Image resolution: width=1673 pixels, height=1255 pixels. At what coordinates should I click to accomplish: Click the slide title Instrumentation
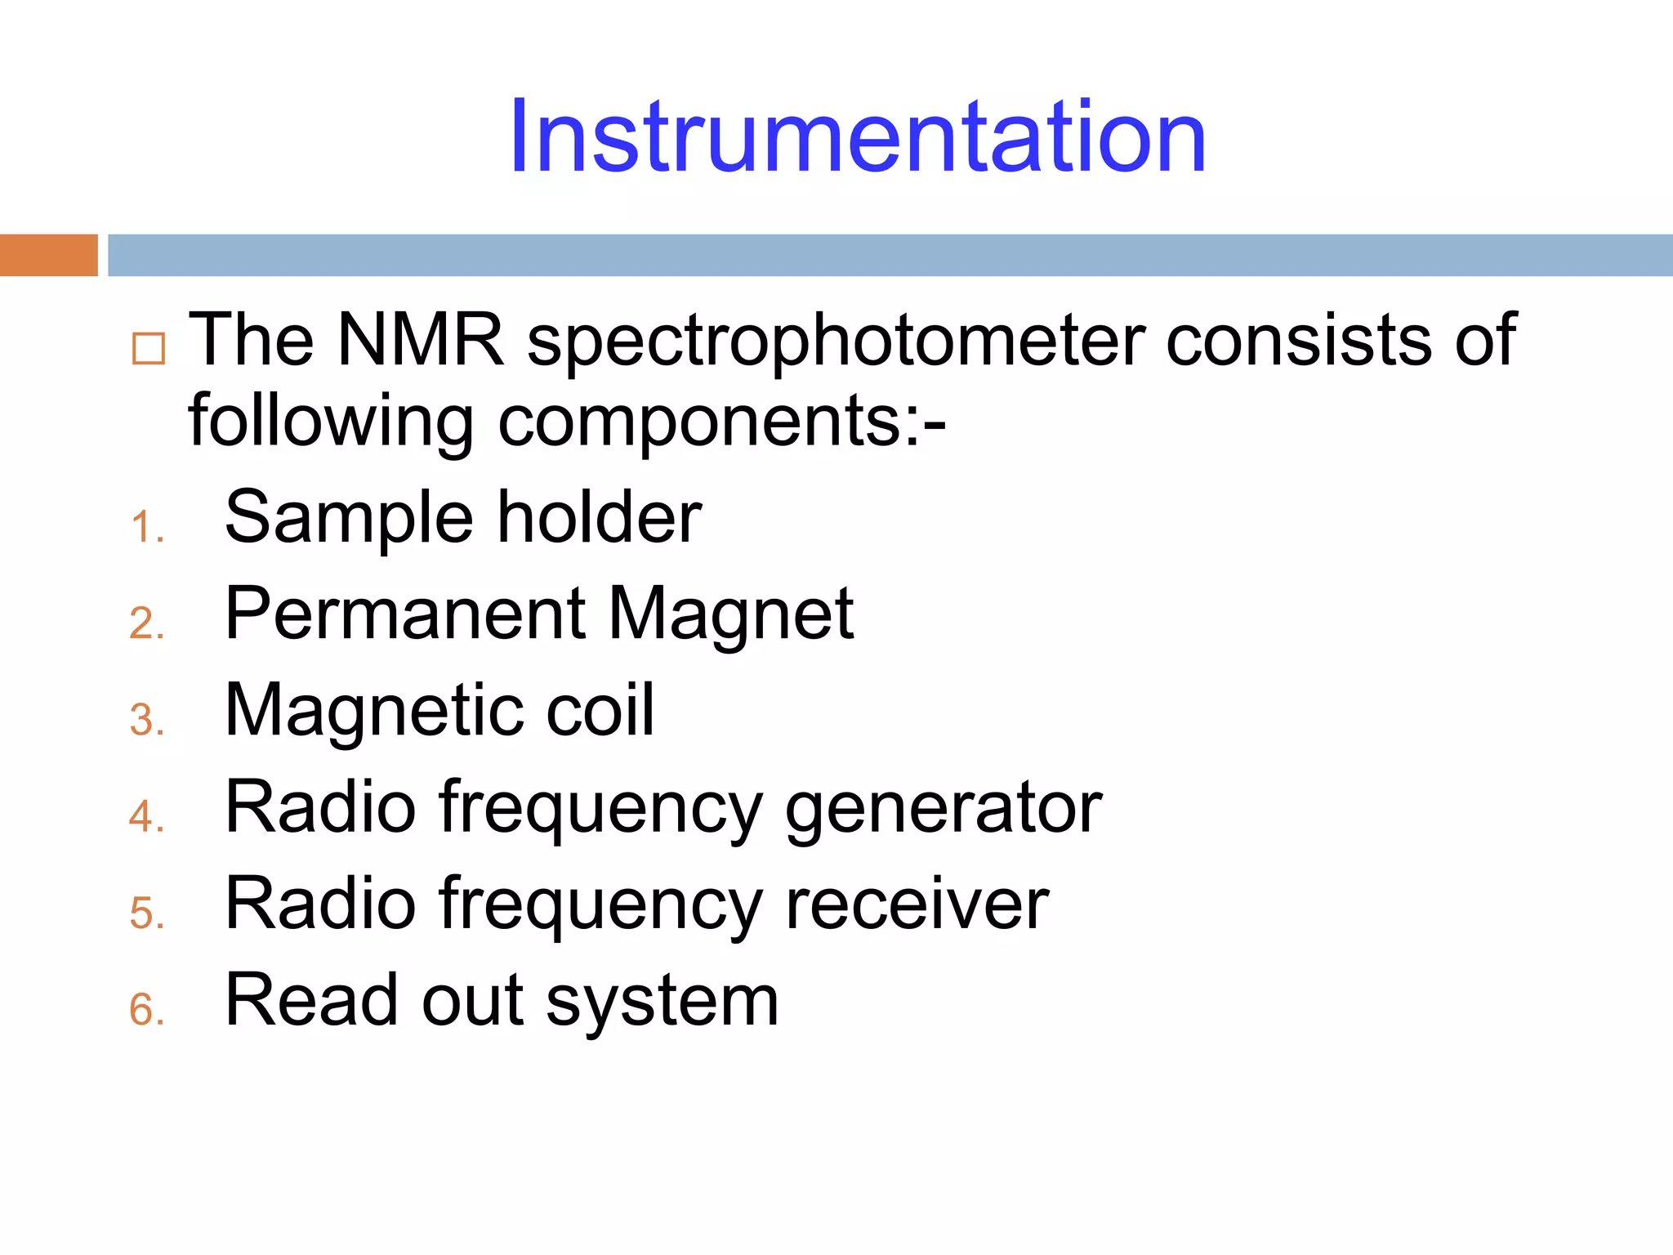pyautogui.click(x=857, y=136)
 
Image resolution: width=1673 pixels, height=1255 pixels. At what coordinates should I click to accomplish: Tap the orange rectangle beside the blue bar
pyautogui.click(x=48, y=255)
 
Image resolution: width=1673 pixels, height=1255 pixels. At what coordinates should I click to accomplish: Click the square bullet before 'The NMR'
pyautogui.click(x=149, y=349)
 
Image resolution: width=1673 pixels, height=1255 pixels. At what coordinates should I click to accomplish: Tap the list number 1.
pyautogui.click(x=145, y=527)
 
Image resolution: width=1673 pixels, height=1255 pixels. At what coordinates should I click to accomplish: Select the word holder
pyautogui.click(x=600, y=518)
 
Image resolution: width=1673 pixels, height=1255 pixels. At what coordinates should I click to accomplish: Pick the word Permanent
pyautogui.click(x=405, y=614)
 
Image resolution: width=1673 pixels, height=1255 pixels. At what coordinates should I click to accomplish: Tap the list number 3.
pyautogui.click(x=145, y=721)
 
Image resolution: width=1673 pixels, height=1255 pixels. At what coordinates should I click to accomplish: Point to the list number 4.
pyautogui.click(x=145, y=816)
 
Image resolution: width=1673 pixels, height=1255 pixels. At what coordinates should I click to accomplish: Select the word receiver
pyautogui.click(x=917, y=905)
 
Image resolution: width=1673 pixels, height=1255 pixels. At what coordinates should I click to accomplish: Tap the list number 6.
pyautogui.click(x=145, y=1009)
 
